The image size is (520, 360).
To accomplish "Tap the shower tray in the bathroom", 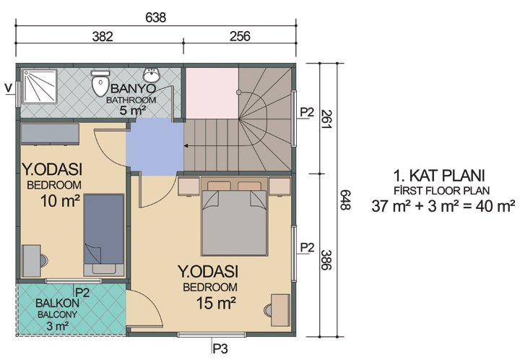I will (39, 90).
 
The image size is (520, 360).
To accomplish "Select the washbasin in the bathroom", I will (152, 74).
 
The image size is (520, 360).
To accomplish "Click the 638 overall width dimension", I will (156, 17).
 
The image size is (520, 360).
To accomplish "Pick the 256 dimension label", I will (239, 35).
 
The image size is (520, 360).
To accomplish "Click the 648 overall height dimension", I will (344, 201).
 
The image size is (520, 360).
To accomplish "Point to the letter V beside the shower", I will (8, 88).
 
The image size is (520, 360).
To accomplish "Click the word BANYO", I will (130, 90).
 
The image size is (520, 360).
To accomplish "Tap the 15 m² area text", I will (215, 302).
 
